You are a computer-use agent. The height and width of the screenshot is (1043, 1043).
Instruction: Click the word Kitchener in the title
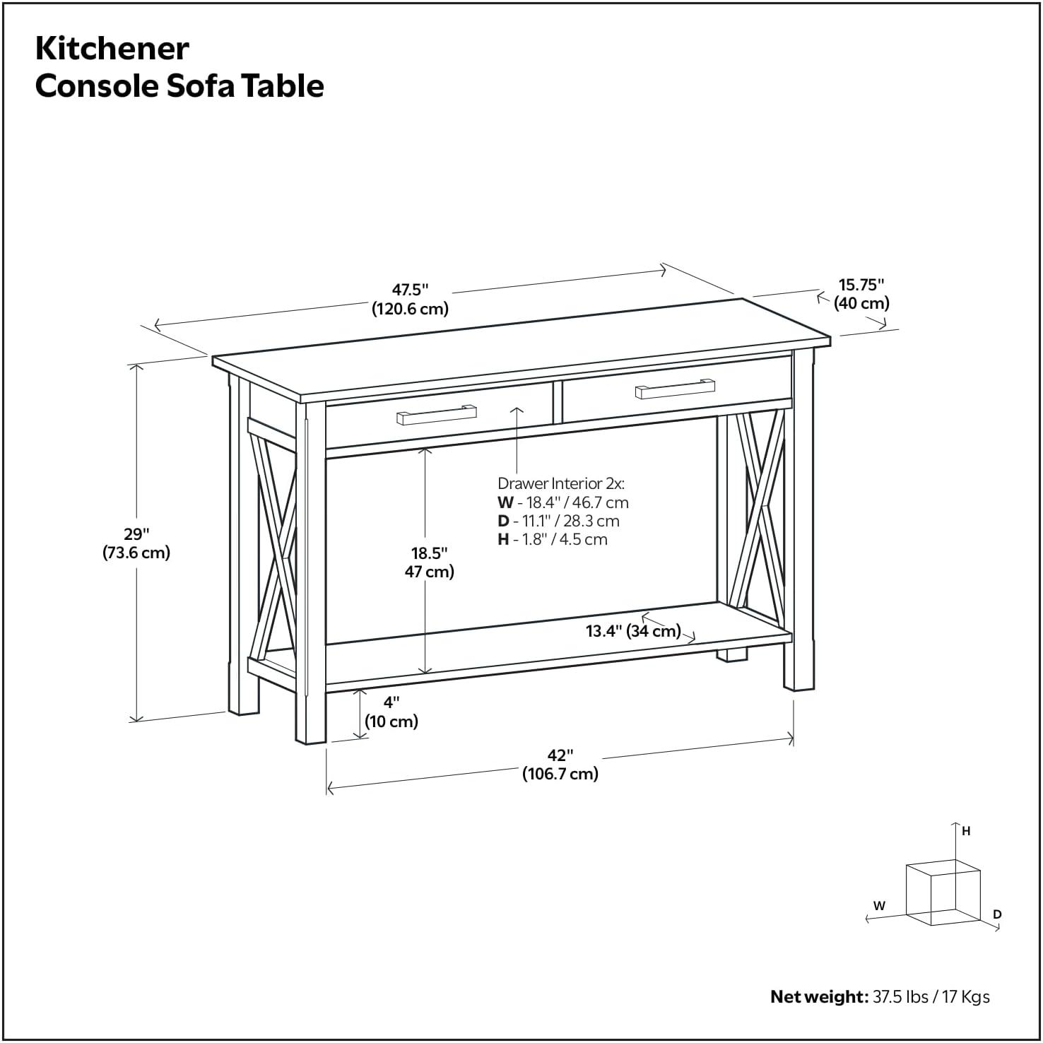pyautogui.click(x=112, y=49)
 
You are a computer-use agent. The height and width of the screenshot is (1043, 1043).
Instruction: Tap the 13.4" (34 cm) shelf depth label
pyautogui.click(x=633, y=631)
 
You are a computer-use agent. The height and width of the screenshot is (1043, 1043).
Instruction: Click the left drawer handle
pyautogui.click(x=436, y=416)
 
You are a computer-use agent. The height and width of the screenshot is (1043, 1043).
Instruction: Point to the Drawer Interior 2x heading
pyautogui.click(x=561, y=483)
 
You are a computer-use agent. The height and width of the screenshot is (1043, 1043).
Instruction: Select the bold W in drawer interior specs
pyautogui.click(x=505, y=502)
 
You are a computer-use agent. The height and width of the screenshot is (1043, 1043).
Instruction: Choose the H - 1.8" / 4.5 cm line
pyautogui.click(x=552, y=539)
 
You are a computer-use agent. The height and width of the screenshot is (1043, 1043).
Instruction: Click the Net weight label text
pyautogui.click(x=818, y=996)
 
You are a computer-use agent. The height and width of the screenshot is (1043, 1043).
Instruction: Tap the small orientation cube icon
pyautogui.click(x=943, y=892)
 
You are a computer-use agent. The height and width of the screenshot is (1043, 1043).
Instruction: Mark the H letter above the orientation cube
pyautogui.click(x=966, y=832)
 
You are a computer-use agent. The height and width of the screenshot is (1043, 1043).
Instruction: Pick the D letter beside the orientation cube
pyautogui.click(x=997, y=914)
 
